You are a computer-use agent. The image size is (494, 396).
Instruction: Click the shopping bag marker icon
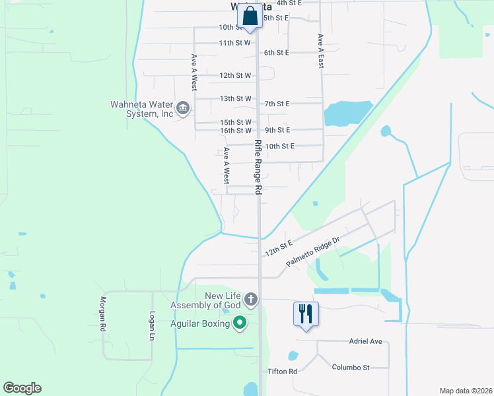pos(250,18)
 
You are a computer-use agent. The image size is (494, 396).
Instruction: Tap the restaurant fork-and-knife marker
pos(306,313)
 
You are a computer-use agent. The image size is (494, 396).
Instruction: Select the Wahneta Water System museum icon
pos(183,107)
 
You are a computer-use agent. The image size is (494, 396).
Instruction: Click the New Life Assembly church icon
pos(250,300)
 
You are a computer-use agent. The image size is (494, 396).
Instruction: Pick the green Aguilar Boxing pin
pos(240,323)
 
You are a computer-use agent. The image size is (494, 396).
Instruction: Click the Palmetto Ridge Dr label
pos(312,252)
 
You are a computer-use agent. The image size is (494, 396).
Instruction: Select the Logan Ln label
pos(152,325)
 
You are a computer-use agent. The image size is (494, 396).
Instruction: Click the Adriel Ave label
pos(366,341)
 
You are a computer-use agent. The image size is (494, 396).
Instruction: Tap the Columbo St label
pos(351,367)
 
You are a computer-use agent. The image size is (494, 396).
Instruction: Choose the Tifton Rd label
pos(283,372)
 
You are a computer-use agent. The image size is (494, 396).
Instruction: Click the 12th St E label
pos(278,249)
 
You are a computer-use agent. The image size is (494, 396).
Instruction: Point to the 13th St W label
pos(236,98)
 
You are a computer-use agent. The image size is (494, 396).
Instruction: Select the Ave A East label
pos(320,51)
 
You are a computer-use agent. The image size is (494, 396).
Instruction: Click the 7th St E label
pos(277,104)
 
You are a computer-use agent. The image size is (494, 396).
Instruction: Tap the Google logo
pos(22,388)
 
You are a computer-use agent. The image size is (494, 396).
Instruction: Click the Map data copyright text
pos(465,391)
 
